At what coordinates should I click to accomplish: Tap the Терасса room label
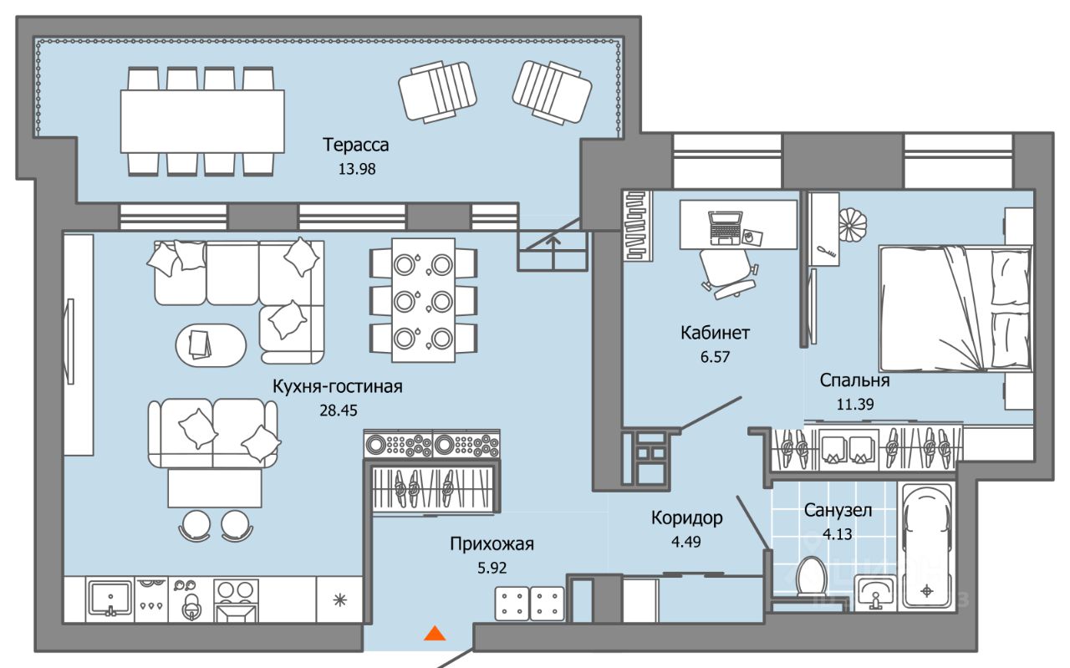click(x=356, y=145)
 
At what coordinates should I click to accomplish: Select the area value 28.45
click(x=339, y=410)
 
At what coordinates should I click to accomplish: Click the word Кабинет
click(x=715, y=333)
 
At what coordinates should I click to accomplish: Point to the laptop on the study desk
click(x=725, y=228)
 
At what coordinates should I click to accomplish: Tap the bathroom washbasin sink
click(x=875, y=593)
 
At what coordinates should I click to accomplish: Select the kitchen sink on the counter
click(x=110, y=599)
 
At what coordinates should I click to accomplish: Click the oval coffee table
click(x=211, y=346)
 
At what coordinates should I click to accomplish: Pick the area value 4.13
click(x=838, y=533)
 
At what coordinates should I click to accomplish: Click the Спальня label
click(x=855, y=380)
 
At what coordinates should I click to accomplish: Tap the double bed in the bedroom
click(x=955, y=309)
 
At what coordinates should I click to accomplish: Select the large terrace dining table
click(x=202, y=121)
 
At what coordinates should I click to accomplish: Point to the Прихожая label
click(x=492, y=543)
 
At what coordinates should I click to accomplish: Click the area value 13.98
click(x=357, y=169)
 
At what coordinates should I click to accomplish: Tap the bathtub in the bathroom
click(x=926, y=546)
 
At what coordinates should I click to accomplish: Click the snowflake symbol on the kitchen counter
click(x=340, y=600)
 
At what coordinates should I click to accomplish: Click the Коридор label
click(x=687, y=518)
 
